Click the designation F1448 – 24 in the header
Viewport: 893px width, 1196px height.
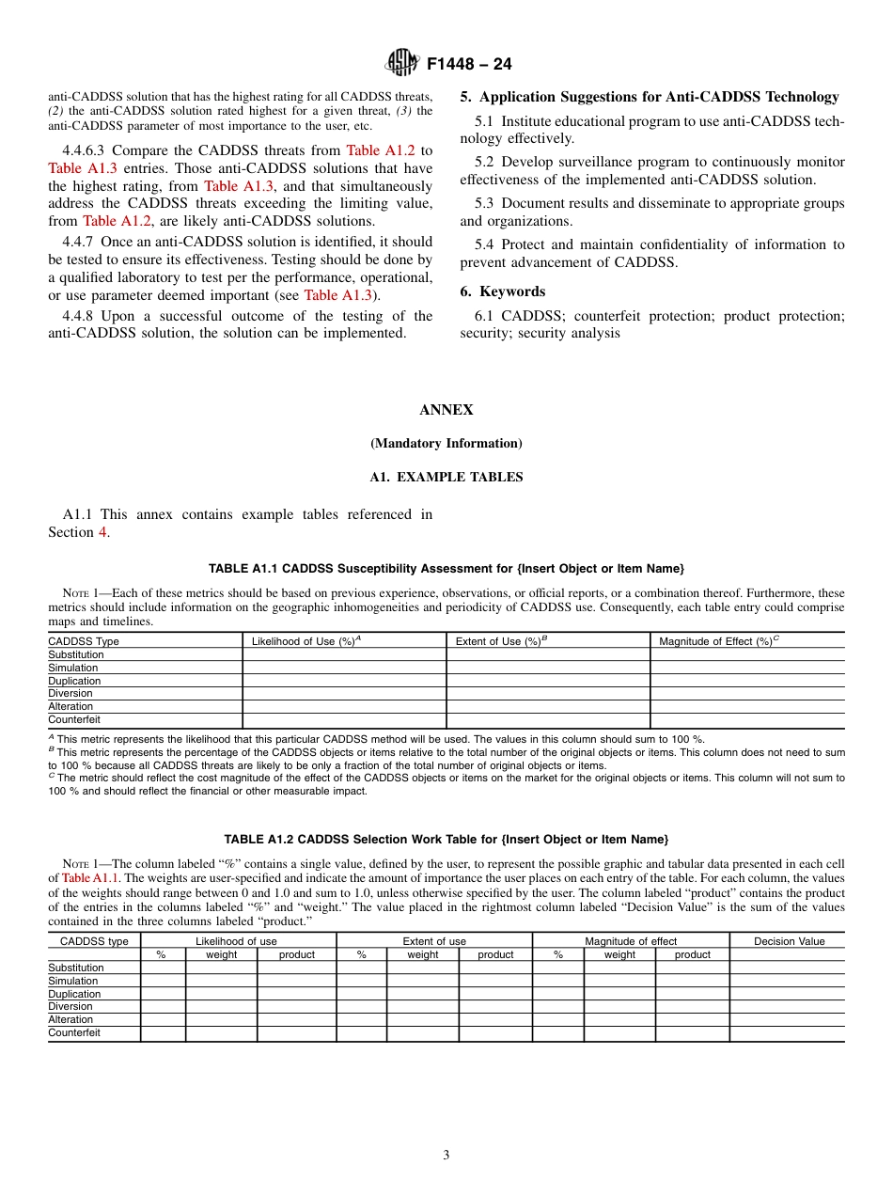(469, 65)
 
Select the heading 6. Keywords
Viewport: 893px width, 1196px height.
(503, 291)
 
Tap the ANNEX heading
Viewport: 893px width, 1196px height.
(446, 410)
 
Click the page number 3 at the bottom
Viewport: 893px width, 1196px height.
(446, 1156)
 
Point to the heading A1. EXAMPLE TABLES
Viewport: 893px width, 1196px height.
(446, 478)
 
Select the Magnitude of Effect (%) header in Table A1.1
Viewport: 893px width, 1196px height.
(717, 641)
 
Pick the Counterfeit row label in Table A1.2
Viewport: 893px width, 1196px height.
(74, 1032)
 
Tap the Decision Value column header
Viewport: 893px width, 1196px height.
(789, 941)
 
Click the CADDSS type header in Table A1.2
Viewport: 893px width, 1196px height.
(94, 941)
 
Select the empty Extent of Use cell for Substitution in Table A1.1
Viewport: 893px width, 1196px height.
(548, 654)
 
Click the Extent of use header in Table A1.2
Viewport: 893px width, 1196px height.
(434, 941)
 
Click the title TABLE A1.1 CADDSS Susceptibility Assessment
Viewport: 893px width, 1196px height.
(446, 569)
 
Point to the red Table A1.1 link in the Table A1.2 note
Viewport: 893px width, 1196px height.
(90, 878)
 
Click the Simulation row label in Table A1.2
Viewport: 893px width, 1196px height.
(73, 981)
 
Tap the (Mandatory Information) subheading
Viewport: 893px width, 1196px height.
(446, 444)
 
